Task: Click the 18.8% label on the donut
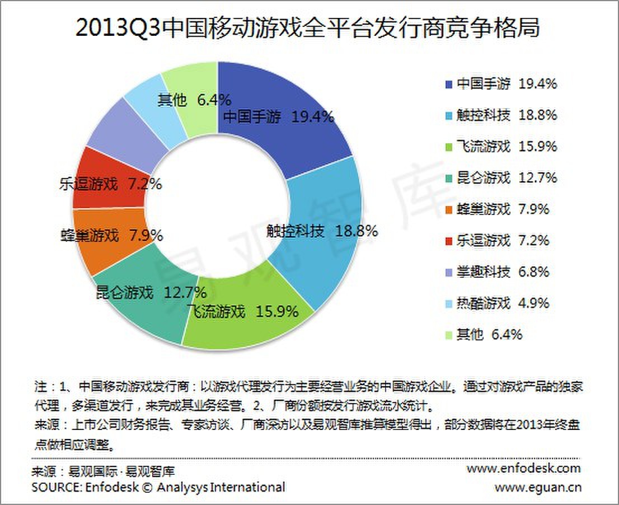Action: (356, 231)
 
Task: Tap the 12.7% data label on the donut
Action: (185, 292)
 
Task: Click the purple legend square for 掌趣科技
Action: (448, 273)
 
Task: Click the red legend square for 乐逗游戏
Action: (448, 241)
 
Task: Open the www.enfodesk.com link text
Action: (523, 467)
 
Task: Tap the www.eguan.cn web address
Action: (537, 487)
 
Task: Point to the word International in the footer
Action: (247, 487)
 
